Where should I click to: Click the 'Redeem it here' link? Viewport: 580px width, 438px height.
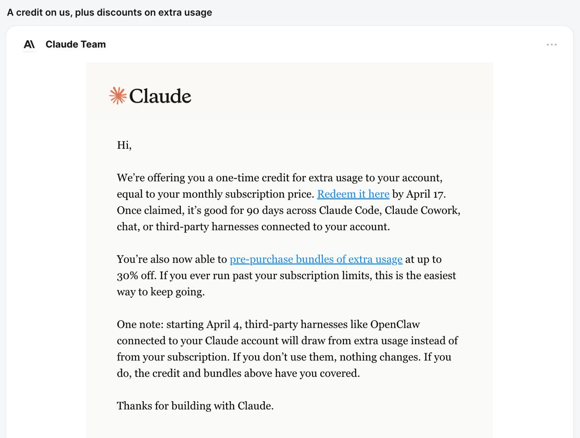(353, 194)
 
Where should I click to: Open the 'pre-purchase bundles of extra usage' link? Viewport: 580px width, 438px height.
(316, 259)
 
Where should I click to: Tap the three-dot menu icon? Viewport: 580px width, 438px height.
(551, 44)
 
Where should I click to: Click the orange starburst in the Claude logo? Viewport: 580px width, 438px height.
(118, 96)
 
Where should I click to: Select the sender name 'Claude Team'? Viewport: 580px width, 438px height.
(76, 44)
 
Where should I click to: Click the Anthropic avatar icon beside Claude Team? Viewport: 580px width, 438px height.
(29, 44)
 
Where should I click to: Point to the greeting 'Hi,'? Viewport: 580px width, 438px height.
(124, 145)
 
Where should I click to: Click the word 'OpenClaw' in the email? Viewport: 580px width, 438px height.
(395, 325)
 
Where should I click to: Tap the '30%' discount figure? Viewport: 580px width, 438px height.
(127, 276)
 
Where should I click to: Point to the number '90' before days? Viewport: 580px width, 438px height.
(252, 210)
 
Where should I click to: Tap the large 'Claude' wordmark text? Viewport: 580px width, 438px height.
(160, 96)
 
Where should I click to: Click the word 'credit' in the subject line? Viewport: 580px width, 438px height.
(30, 12)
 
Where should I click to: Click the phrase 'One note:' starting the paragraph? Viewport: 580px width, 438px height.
(140, 325)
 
